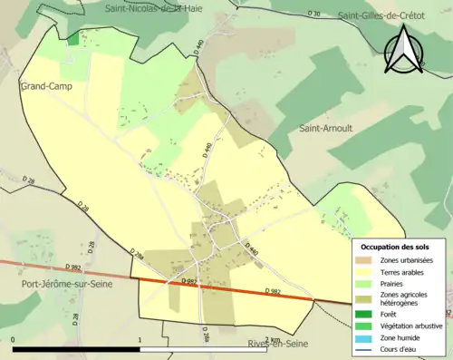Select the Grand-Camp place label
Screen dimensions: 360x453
point(43,86)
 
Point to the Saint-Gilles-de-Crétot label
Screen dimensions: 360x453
point(381,15)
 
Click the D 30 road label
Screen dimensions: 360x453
point(314,15)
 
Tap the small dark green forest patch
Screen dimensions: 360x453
point(73,39)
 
